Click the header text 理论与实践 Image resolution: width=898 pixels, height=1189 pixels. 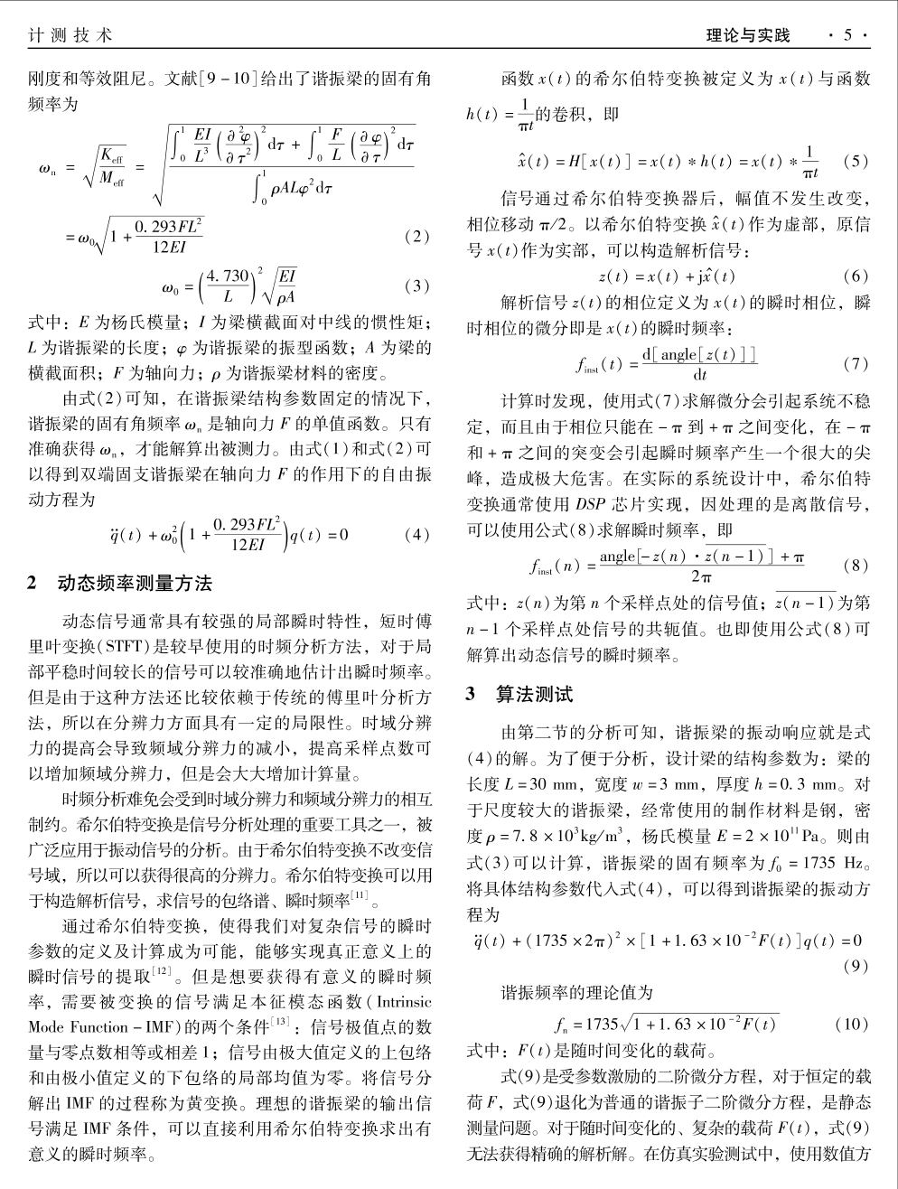point(748,35)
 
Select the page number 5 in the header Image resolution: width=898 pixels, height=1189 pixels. point(847,35)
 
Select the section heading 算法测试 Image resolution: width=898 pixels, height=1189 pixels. point(534,695)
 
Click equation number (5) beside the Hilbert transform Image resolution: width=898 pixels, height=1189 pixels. point(854,162)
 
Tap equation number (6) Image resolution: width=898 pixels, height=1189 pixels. point(854,276)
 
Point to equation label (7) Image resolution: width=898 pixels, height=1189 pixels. point(854,364)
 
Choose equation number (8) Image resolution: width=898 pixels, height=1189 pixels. point(854,566)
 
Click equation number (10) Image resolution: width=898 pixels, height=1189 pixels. point(852,1025)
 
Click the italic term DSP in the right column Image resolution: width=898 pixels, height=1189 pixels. point(589,502)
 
